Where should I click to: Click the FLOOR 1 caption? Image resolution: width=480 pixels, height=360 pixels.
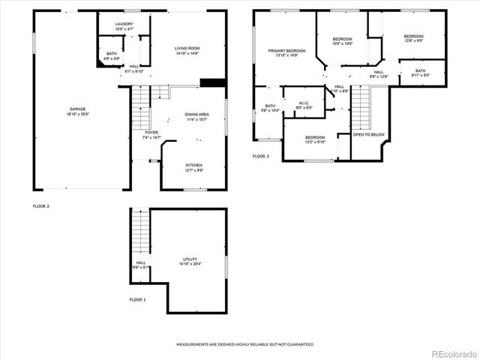click(137, 299)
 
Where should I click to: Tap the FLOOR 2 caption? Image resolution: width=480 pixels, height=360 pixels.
click(41, 205)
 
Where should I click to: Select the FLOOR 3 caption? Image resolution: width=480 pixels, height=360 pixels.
click(260, 156)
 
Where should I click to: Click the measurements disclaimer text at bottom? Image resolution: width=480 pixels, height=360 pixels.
click(244, 344)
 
